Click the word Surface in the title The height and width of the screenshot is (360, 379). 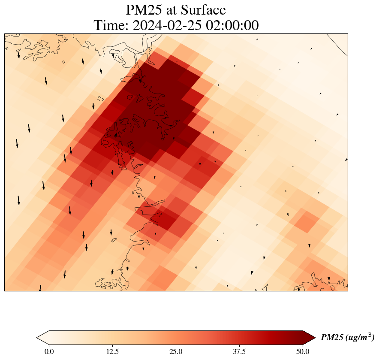203,10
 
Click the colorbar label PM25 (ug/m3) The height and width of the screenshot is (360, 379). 348,337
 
